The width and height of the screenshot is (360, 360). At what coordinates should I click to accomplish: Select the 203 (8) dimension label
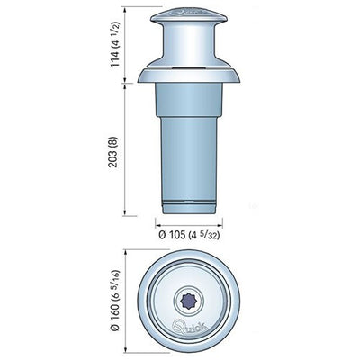pos(114,156)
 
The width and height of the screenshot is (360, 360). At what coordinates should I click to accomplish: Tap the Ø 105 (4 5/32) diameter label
pos(189,236)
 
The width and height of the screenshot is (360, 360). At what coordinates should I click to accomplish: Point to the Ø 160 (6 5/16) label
pos(116,300)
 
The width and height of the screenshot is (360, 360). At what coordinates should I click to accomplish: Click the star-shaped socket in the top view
pos(189,300)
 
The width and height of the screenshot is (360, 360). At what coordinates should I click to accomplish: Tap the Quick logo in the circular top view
pos(189,325)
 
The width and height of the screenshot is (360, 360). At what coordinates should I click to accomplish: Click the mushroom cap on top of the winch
pos(189,15)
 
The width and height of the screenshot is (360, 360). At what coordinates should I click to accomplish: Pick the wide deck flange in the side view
pos(189,76)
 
